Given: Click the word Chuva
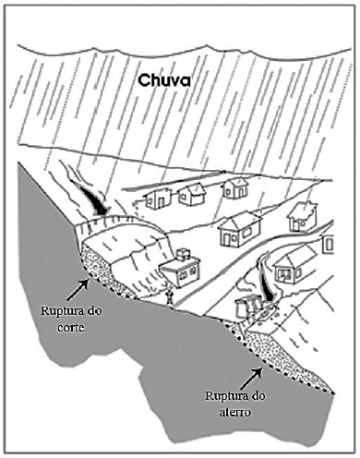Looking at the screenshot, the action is (164, 80).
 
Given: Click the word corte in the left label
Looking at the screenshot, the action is (71, 327).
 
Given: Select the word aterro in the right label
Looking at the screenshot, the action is (235, 412).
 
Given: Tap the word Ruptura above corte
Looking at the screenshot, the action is (58, 311).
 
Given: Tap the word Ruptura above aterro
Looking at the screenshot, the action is (222, 396).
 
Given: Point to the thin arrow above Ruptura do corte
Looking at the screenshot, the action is (78, 289).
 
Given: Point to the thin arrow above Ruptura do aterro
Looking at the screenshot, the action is (251, 379).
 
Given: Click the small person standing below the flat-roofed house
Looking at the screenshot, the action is (170, 296).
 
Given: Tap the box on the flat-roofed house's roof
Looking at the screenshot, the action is (185, 253).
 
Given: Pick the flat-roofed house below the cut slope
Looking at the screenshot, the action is (181, 271).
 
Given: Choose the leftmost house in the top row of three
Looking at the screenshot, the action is (158, 199).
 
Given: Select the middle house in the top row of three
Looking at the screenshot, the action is (192, 195).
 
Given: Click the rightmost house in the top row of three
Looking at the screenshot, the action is (235, 188).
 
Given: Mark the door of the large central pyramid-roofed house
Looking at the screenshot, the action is (227, 240).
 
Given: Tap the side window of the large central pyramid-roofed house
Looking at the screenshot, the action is (246, 233).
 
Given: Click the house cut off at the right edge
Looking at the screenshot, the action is (328, 243).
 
